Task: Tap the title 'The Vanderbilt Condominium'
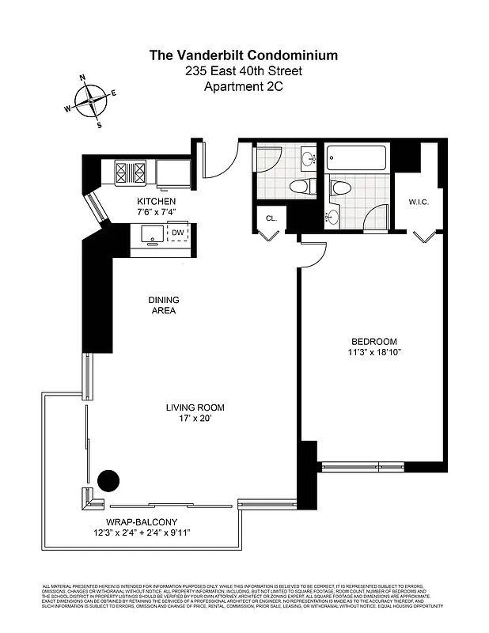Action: pos(244,55)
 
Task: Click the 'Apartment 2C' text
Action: pos(244,87)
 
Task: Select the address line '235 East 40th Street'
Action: pos(244,71)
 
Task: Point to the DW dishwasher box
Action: pos(179,233)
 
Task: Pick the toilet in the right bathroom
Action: pos(340,188)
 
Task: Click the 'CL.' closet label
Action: pos(271,218)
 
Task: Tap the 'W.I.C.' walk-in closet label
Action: pos(418,202)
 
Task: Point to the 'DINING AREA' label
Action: pos(163,305)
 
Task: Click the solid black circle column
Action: pos(108,479)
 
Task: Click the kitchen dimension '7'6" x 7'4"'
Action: pos(156,212)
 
